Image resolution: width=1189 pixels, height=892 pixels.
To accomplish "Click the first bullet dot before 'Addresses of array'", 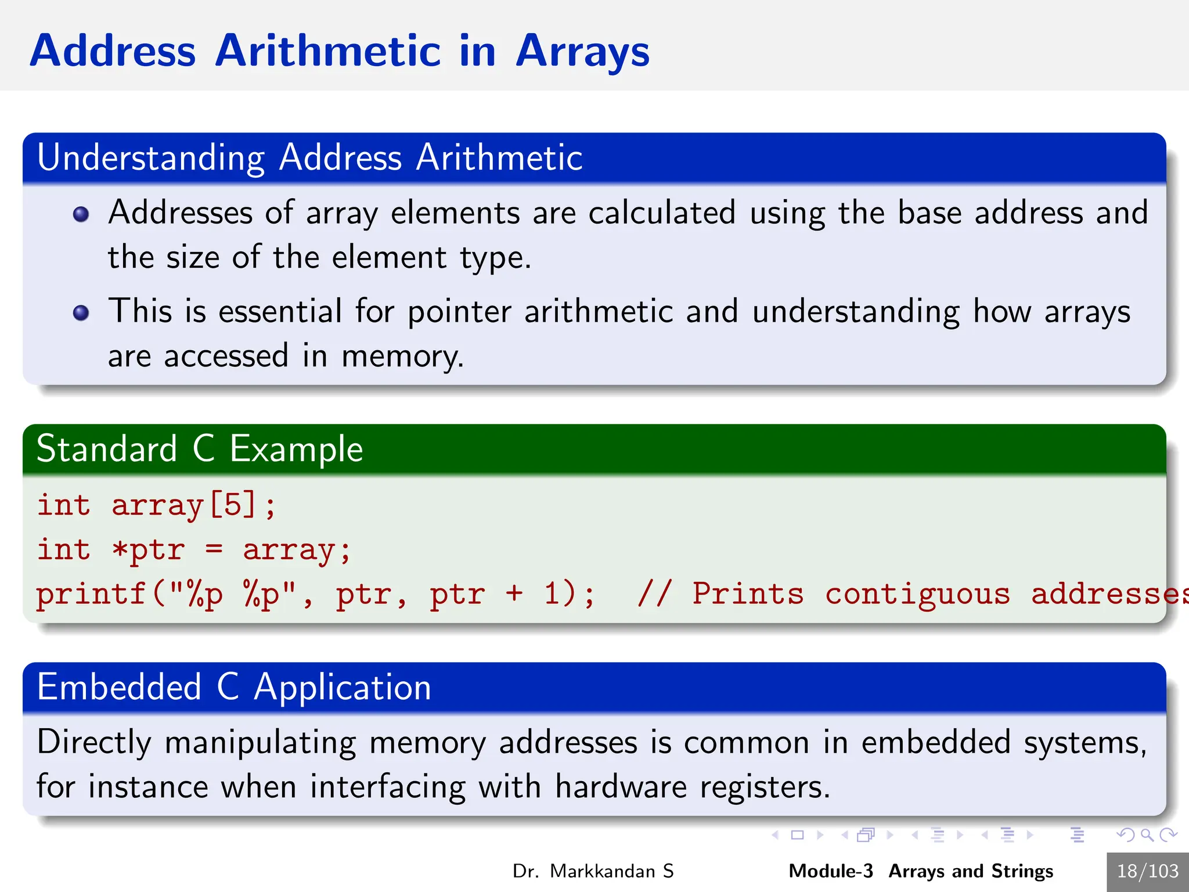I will [x=81, y=214].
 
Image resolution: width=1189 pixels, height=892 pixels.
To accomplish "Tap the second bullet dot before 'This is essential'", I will [x=81, y=313].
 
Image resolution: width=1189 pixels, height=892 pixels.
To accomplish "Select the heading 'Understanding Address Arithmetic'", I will [x=309, y=158].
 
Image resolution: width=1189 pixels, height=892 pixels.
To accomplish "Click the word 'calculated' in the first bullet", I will [x=662, y=213].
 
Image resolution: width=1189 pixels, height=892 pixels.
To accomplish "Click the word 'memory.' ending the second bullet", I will [x=402, y=356].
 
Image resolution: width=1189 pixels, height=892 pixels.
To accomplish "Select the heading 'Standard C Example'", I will [x=200, y=449].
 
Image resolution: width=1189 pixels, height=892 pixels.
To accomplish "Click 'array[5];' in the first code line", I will [x=193, y=505].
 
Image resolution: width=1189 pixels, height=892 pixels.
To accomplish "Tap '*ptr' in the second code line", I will [x=149, y=549].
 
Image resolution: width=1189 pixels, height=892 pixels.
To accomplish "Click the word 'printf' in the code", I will [x=91, y=594].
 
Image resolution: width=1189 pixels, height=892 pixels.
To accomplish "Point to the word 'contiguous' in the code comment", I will [x=917, y=594].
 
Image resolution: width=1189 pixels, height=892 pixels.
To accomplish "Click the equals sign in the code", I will [x=214, y=549].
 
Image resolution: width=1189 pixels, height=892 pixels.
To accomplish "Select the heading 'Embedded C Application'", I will [x=234, y=688].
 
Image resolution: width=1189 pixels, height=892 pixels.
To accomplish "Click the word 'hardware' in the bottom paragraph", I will [x=621, y=787].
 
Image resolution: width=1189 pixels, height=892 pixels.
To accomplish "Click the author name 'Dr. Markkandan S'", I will [x=593, y=871].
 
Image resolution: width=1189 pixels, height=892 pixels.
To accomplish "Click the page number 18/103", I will [x=1147, y=871].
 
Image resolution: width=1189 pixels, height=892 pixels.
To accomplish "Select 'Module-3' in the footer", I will [x=830, y=871].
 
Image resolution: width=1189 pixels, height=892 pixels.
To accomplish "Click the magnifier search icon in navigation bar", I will [x=1147, y=835].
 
